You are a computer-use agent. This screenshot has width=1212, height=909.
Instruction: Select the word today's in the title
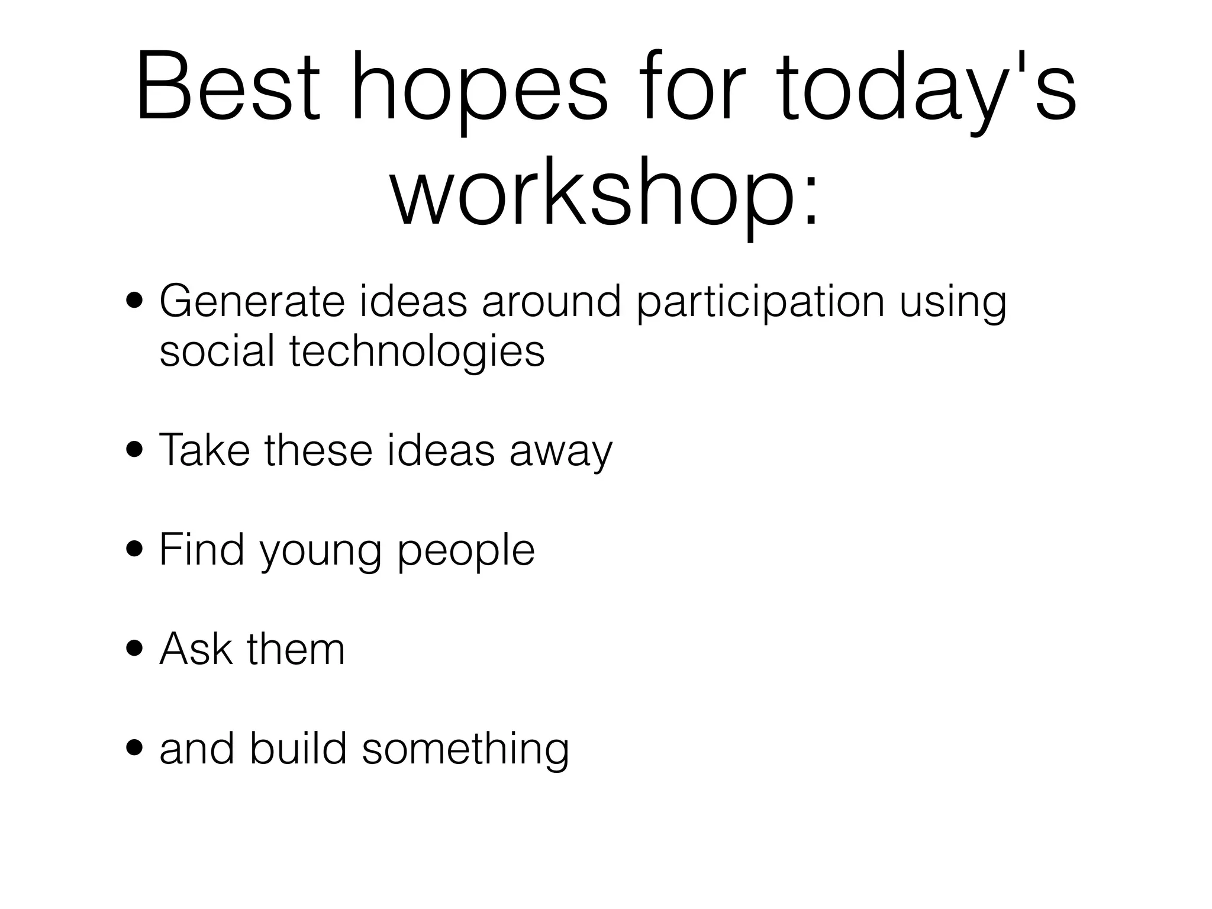[x=926, y=89]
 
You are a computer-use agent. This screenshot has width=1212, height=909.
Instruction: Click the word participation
[x=760, y=303]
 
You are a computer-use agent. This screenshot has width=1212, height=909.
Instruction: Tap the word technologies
[x=417, y=352]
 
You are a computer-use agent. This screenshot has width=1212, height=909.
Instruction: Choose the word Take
[x=204, y=450]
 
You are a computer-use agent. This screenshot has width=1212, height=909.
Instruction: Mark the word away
[x=560, y=453]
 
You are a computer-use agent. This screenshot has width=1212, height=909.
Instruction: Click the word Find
[x=202, y=550]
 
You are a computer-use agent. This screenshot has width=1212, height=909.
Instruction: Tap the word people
[x=466, y=553]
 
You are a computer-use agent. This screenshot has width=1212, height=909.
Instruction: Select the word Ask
[x=196, y=649]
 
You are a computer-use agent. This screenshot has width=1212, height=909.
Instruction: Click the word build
[x=298, y=749]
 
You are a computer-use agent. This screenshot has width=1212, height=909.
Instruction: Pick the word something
[x=465, y=750]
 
